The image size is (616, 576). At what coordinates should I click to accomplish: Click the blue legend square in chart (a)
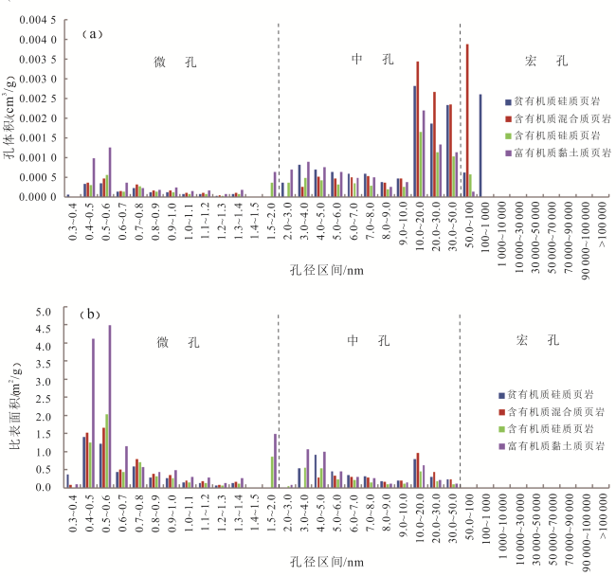(509, 100)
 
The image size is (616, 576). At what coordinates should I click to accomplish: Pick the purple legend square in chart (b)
(509, 446)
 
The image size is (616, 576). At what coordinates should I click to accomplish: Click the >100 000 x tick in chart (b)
(598, 513)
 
